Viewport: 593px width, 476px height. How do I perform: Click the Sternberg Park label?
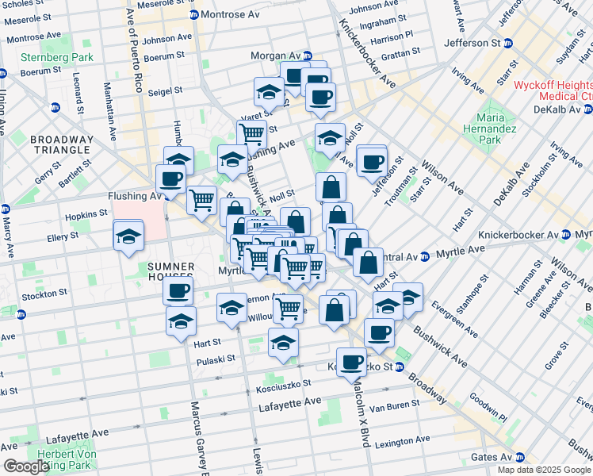point(57,57)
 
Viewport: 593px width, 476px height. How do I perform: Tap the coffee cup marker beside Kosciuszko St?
point(351,362)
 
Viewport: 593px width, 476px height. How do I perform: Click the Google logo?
point(26,466)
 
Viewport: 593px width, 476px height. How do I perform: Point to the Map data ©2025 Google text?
point(543,470)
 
